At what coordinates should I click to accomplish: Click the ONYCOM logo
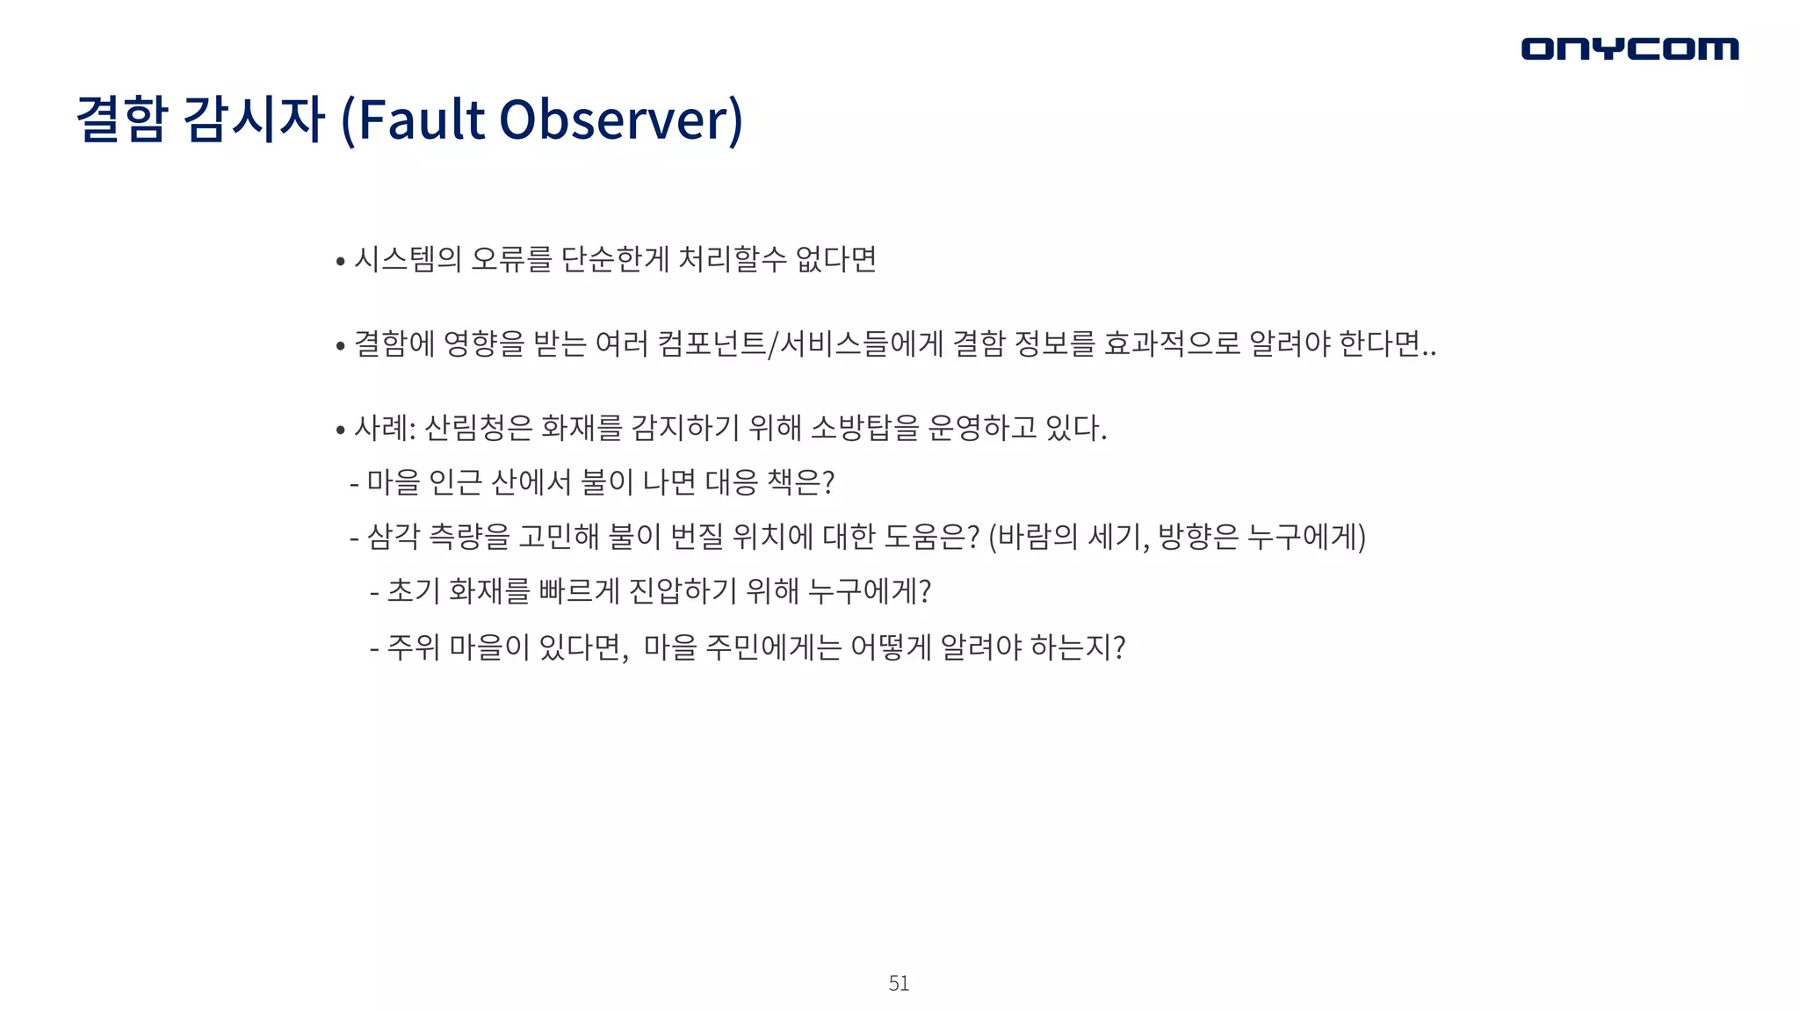click(x=1629, y=48)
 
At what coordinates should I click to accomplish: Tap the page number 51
click(x=899, y=983)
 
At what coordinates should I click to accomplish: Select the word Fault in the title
click(x=422, y=119)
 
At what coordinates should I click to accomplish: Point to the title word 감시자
click(x=256, y=119)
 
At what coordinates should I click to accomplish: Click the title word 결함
click(x=122, y=119)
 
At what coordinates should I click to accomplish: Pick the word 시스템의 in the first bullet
click(x=408, y=259)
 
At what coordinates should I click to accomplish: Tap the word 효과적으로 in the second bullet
click(x=1172, y=343)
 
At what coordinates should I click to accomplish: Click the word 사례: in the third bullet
click(x=385, y=429)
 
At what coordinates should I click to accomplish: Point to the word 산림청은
click(x=479, y=429)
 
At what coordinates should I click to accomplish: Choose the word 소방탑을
click(x=864, y=429)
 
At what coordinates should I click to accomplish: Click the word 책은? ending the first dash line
click(x=800, y=482)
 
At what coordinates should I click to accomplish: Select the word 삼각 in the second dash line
click(x=393, y=536)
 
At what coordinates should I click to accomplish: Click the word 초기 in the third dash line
click(x=413, y=590)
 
